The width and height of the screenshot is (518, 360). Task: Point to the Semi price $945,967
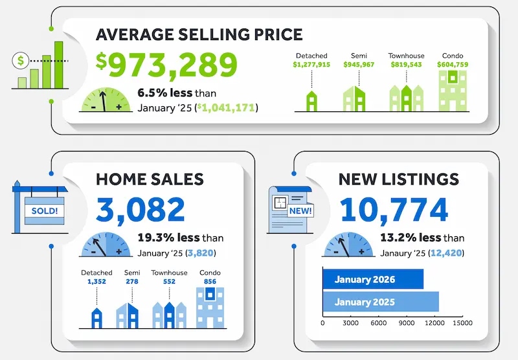(x=353, y=65)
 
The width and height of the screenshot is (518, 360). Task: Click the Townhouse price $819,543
(x=406, y=65)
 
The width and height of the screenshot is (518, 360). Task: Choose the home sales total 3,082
(x=141, y=209)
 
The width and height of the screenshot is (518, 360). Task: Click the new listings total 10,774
(x=394, y=209)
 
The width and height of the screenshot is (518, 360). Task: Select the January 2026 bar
(x=373, y=280)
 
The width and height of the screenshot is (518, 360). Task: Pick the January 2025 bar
(x=381, y=302)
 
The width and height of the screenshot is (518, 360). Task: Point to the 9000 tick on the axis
(x=407, y=322)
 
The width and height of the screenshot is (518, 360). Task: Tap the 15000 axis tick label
(x=462, y=322)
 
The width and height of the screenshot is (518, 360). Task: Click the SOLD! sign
(x=44, y=211)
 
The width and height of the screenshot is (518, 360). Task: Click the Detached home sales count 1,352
(x=96, y=282)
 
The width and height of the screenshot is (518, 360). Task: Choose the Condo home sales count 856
(x=210, y=282)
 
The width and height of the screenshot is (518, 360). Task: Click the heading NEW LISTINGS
(x=398, y=179)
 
